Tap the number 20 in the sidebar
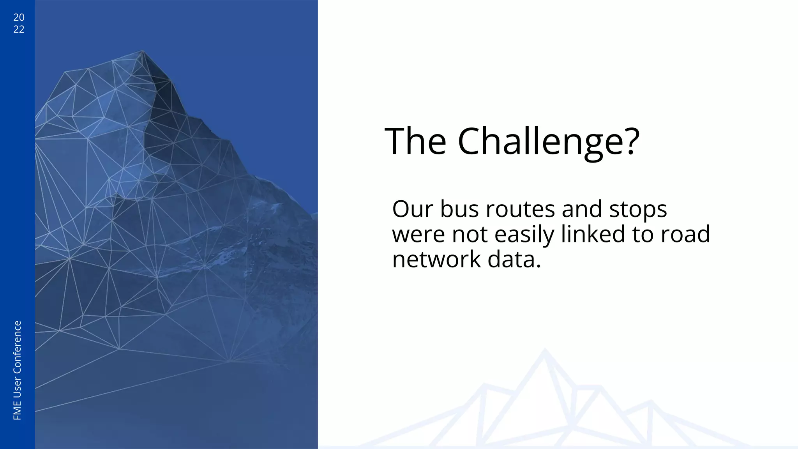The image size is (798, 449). pos(19,17)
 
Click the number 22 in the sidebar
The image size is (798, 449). pos(19,29)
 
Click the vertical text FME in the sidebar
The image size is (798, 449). pos(18,412)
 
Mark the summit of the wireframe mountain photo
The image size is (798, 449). pos(142,51)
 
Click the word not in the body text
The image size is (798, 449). pos(470,235)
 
